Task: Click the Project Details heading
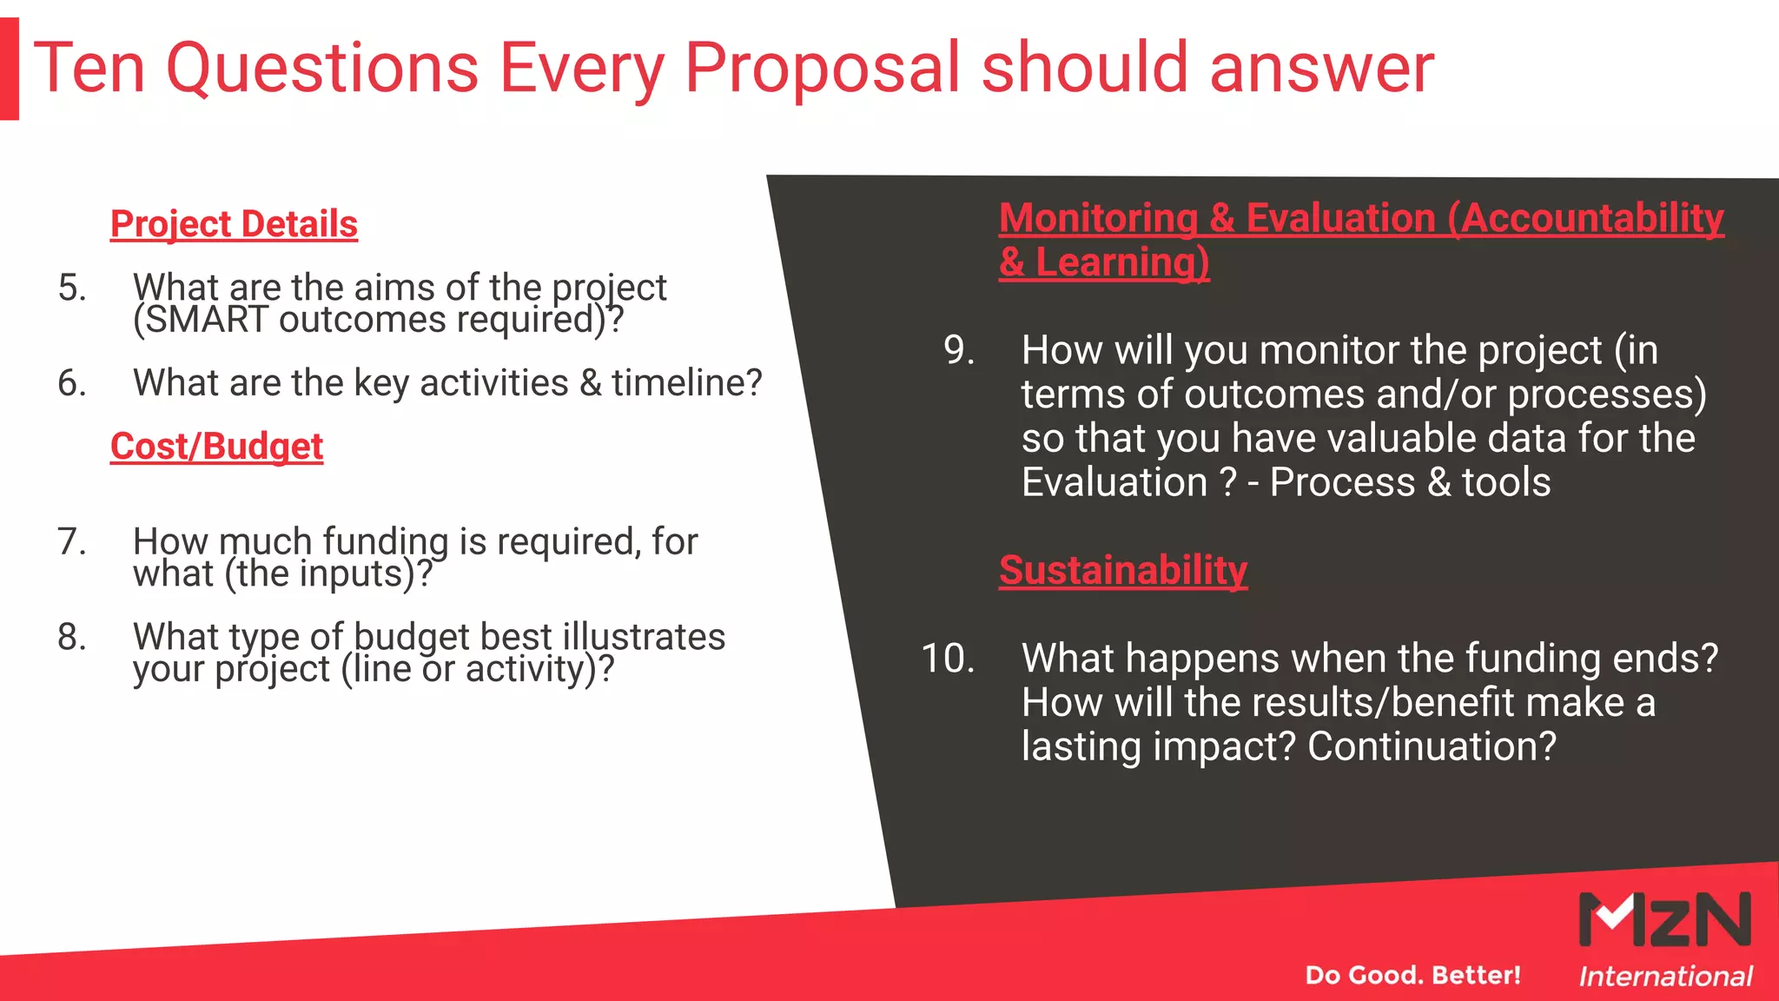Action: (x=234, y=224)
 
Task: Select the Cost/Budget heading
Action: (x=216, y=447)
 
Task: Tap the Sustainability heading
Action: (x=1122, y=570)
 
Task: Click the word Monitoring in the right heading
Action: (x=1098, y=217)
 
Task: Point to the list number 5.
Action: (x=72, y=288)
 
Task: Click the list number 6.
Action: (x=72, y=383)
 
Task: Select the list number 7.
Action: (x=72, y=541)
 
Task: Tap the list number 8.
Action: (x=72, y=637)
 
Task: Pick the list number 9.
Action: (x=959, y=350)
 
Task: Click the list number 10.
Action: (x=948, y=658)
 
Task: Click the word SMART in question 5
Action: (x=201, y=320)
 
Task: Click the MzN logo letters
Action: (x=1664, y=919)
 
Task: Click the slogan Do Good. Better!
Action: (x=1412, y=975)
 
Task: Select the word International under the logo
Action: (x=1664, y=977)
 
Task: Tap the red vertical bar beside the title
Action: (x=9, y=70)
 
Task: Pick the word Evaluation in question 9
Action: (x=1114, y=482)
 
